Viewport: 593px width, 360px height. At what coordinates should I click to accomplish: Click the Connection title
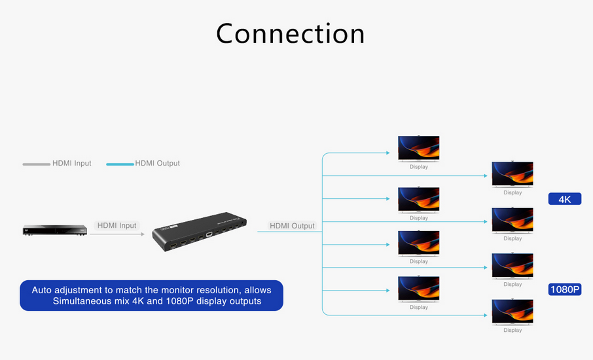click(291, 33)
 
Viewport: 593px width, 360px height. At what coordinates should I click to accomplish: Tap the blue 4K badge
click(565, 199)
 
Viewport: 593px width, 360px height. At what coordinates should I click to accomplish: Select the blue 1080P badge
click(565, 289)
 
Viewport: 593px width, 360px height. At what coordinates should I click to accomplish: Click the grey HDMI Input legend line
click(36, 164)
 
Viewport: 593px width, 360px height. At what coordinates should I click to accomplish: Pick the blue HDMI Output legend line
click(120, 164)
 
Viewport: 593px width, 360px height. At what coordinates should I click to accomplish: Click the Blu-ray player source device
click(55, 230)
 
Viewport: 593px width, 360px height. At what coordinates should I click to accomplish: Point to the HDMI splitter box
click(200, 232)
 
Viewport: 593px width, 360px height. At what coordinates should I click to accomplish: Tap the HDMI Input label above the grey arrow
click(117, 225)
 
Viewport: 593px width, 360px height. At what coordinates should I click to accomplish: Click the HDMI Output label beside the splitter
click(292, 226)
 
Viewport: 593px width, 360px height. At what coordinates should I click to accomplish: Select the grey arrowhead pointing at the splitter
click(143, 234)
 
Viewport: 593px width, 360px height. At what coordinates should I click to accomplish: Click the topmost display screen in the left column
click(419, 148)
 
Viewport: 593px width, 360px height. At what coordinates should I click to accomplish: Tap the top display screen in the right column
click(512, 174)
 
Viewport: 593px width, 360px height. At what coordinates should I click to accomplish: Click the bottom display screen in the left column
click(419, 289)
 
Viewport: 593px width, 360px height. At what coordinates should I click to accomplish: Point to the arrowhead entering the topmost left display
click(387, 153)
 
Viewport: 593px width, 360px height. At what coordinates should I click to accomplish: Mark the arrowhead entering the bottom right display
click(485, 315)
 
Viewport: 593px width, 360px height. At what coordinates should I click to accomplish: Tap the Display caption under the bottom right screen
click(512, 330)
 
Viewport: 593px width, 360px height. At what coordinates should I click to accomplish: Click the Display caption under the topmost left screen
click(419, 167)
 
